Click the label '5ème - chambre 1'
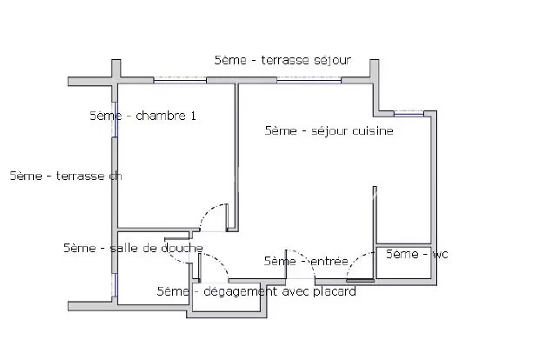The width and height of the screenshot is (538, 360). (143, 116)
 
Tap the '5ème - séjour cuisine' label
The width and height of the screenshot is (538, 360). (329, 130)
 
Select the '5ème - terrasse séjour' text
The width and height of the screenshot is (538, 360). (282, 60)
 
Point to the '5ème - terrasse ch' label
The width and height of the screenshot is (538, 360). (66, 176)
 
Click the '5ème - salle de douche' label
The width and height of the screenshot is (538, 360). (133, 248)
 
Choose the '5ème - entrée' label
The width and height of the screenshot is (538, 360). (306, 261)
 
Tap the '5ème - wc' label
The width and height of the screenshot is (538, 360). (417, 254)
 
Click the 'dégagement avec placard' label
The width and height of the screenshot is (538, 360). (280, 291)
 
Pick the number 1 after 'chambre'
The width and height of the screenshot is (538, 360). (193, 116)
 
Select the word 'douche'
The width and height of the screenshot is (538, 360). (183, 248)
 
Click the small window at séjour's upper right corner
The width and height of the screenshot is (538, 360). (408, 114)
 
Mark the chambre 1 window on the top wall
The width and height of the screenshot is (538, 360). (180, 80)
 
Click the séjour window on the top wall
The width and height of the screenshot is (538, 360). (309, 80)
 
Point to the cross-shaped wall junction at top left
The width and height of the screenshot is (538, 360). (116, 81)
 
